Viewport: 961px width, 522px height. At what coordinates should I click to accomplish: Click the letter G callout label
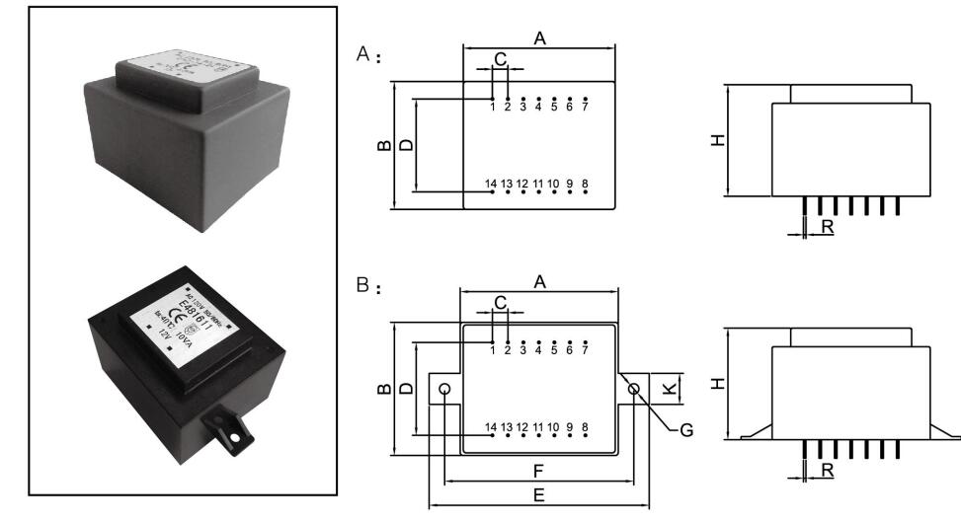685,430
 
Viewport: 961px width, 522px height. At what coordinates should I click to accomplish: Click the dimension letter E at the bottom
538,496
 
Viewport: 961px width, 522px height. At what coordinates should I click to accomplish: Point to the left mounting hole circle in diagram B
445,389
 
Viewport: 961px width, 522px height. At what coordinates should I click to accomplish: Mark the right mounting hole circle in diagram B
633,389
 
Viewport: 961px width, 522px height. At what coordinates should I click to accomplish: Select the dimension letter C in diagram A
500,59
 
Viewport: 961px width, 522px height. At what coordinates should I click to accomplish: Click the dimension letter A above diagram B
539,282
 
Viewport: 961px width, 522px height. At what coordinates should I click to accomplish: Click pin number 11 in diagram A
538,184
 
